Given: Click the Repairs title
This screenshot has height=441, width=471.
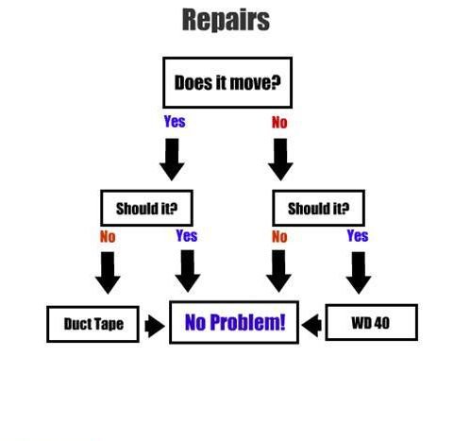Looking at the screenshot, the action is [x=226, y=20].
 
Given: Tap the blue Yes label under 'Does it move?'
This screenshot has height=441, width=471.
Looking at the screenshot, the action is [x=175, y=122].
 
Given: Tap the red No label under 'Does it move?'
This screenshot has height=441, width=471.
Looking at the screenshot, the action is [x=279, y=123].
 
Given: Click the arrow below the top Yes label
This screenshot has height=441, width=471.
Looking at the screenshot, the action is [x=172, y=160].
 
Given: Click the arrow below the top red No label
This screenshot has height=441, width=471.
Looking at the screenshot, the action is [x=280, y=160].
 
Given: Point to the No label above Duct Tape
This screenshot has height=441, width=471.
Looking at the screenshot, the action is [x=108, y=237].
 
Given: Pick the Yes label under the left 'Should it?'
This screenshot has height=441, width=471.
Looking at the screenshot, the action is [x=187, y=235].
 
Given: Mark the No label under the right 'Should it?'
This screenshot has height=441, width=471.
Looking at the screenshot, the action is [x=279, y=237].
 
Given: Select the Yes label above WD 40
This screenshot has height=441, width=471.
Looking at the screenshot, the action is [x=358, y=235].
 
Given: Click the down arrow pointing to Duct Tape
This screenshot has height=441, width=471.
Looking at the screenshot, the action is [x=108, y=273].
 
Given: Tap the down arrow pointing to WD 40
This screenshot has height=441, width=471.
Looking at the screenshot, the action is [x=359, y=273].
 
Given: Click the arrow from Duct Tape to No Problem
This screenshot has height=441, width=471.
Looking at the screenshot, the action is [x=155, y=327].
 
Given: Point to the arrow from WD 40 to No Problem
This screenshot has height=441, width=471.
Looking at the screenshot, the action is [x=311, y=325].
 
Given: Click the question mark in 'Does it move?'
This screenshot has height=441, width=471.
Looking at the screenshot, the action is [x=275, y=83].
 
